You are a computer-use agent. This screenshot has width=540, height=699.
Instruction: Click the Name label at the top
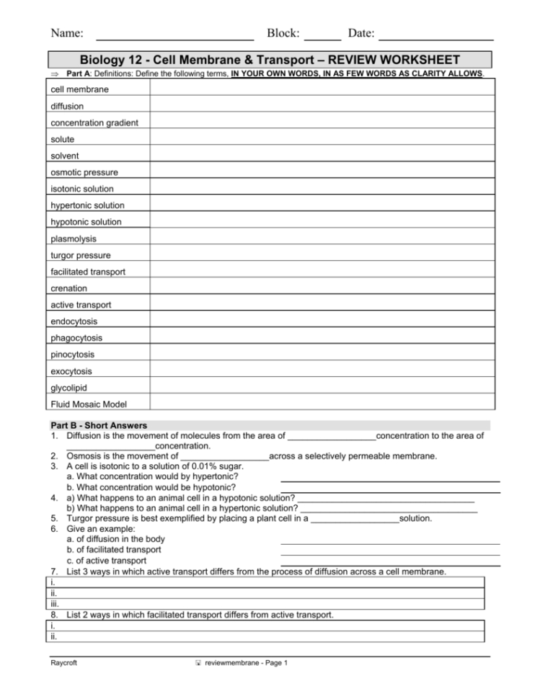[x=66, y=33]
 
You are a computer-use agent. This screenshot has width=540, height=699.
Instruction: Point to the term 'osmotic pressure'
[x=84, y=172]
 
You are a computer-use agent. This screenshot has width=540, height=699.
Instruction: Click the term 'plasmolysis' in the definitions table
[x=74, y=239]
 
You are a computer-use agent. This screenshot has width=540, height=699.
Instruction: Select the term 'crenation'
[x=69, y=288]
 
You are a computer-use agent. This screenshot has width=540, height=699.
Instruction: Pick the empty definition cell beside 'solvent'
[x=322, y=156]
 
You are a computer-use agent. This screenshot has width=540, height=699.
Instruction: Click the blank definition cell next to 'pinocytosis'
[x=322, y=355]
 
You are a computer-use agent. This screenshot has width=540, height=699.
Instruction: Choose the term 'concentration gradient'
[x=94, y=123]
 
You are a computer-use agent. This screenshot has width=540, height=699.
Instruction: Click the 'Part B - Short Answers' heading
[x=99, y=425]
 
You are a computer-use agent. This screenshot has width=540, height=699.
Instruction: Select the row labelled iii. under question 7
[x=267, y=604]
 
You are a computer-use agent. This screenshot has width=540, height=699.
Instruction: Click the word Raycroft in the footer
[x=65, y=663]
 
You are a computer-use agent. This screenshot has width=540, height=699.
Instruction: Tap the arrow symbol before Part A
[x=54, y=74]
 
